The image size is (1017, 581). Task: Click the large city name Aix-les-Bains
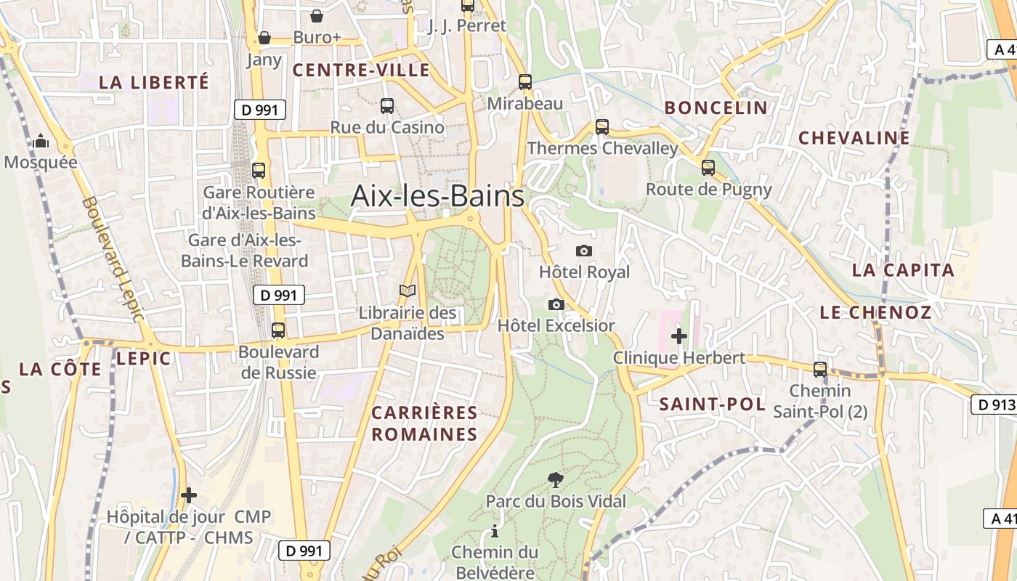coord(437,196)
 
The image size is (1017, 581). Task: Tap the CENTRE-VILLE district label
coord(361,70)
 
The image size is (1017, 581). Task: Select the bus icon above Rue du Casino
coord(387,106)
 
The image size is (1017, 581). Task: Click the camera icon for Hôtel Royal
coord(583,251)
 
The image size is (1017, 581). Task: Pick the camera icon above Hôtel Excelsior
coord(556,304)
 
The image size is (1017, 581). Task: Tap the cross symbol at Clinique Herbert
coord(679,336)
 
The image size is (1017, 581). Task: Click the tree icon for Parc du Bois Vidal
coord(556,479)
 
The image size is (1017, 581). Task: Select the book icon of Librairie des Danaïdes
coord(408,291)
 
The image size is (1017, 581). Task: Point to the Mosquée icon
coord(41,141)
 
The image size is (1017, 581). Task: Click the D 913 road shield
coord(993,405)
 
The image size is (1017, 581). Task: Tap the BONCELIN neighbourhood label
coord(716,108)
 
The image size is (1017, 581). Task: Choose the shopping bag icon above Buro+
coord(317,16)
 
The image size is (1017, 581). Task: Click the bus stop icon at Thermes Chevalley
coord(602,127)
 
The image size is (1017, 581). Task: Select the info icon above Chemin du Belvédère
coord(495,531)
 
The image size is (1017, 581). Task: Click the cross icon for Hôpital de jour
coord(189,495)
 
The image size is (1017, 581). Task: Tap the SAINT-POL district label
coord(712,405)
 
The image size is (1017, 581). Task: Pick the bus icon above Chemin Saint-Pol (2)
coord(820,370)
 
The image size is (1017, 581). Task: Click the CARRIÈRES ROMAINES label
coord(425,424)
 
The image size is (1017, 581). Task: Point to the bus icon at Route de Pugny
coord(708,168)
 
